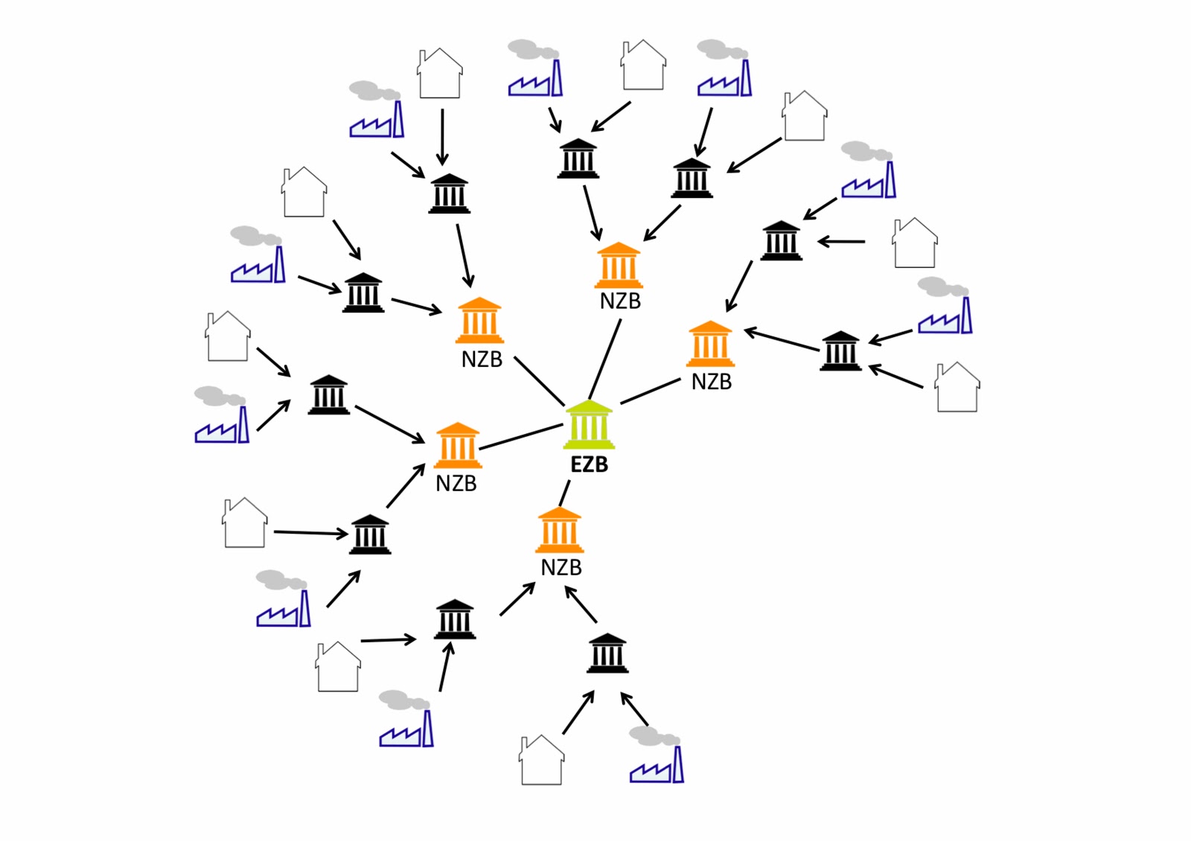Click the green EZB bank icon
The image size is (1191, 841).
[589, 425]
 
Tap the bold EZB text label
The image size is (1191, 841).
[589, 464]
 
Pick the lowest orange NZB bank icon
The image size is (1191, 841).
[559, 530]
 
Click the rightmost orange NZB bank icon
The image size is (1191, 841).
[710, 344]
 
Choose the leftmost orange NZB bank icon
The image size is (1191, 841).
[457, 446]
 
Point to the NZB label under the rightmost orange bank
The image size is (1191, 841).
[711, 382]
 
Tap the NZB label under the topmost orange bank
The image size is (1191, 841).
[620, 301]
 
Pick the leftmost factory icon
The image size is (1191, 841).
[222, 426]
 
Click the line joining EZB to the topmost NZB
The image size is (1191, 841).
[604, 359]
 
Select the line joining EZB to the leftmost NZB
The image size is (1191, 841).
[520, 437]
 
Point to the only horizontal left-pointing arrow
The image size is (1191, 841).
[842, 241]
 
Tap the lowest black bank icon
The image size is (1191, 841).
[607, 653]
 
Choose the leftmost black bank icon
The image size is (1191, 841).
[328, 394]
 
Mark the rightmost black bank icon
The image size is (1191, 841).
[840, 351]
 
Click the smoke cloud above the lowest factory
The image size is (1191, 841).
[654, 736]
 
